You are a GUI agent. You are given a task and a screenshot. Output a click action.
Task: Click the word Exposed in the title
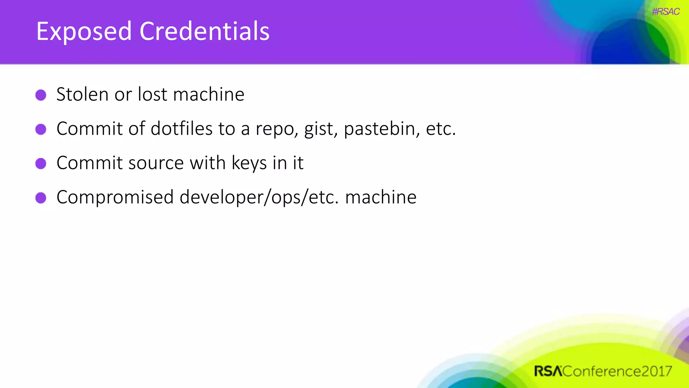tap(84, 31)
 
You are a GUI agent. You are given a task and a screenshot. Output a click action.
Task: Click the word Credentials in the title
tap(204, 31)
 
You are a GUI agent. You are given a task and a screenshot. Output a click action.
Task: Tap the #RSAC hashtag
tap(665, 12)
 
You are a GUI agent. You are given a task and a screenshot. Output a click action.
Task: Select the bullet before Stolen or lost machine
tap(41, 95)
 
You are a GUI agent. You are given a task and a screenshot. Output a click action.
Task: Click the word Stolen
tap(82, 94)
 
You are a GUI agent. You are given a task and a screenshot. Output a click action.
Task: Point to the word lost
tap(152, 94)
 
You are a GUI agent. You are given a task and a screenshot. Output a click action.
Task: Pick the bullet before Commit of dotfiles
tap(41, 129)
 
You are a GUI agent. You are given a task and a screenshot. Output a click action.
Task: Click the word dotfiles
tap(181, 129)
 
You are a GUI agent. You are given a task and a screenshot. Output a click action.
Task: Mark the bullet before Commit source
tap(41, 164)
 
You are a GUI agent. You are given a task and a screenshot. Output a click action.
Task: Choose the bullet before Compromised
tap(41, 198)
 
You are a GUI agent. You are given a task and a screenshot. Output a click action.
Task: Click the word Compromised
tap(115, 198)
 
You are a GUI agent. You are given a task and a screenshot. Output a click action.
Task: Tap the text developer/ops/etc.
tap(259, 198)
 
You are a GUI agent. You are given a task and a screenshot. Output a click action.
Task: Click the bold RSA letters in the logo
tap(548, 371)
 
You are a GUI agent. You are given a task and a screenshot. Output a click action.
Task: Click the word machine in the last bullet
tap(381, 197)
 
